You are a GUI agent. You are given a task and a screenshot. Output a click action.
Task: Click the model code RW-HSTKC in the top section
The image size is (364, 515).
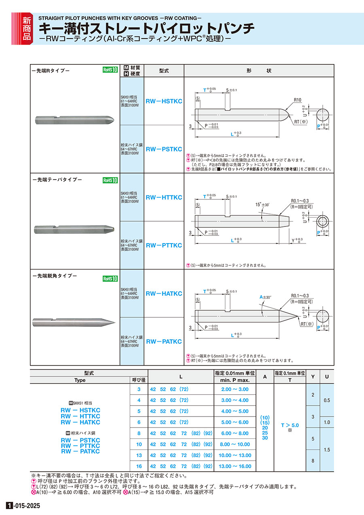(x=164, y=101)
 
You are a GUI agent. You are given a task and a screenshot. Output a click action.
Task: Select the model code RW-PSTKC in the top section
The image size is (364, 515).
(x=164, y=149)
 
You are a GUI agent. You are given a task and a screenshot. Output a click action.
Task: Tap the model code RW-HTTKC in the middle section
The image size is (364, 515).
(x=164, y=197)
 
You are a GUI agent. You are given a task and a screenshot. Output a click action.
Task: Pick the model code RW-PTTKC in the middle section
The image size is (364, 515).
(x=164, y=245)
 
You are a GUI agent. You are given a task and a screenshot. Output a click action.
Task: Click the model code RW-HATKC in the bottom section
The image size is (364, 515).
(x=164, y=293)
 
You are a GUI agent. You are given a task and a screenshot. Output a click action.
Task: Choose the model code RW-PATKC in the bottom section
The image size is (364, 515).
(x=164, y=342)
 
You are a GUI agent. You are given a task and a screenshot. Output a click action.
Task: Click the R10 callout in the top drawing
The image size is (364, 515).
(x=298, y=100)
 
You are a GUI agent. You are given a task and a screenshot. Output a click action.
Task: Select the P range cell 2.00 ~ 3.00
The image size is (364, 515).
(x=235, y=389)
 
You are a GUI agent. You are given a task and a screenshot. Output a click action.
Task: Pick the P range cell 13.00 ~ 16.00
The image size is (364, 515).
(x=235, y=466)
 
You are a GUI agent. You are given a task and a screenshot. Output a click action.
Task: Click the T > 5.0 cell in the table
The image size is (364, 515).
(x=290, y=425)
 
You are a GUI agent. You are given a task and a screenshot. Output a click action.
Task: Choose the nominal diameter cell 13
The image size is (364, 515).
(x=139, y=455)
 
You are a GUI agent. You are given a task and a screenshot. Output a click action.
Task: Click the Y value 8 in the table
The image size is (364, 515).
(x=313, y=461)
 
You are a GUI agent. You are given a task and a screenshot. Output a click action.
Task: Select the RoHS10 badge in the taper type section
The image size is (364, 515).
(x=110, y=180)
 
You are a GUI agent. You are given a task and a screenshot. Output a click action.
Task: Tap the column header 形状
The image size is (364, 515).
(x=259, y=71)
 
